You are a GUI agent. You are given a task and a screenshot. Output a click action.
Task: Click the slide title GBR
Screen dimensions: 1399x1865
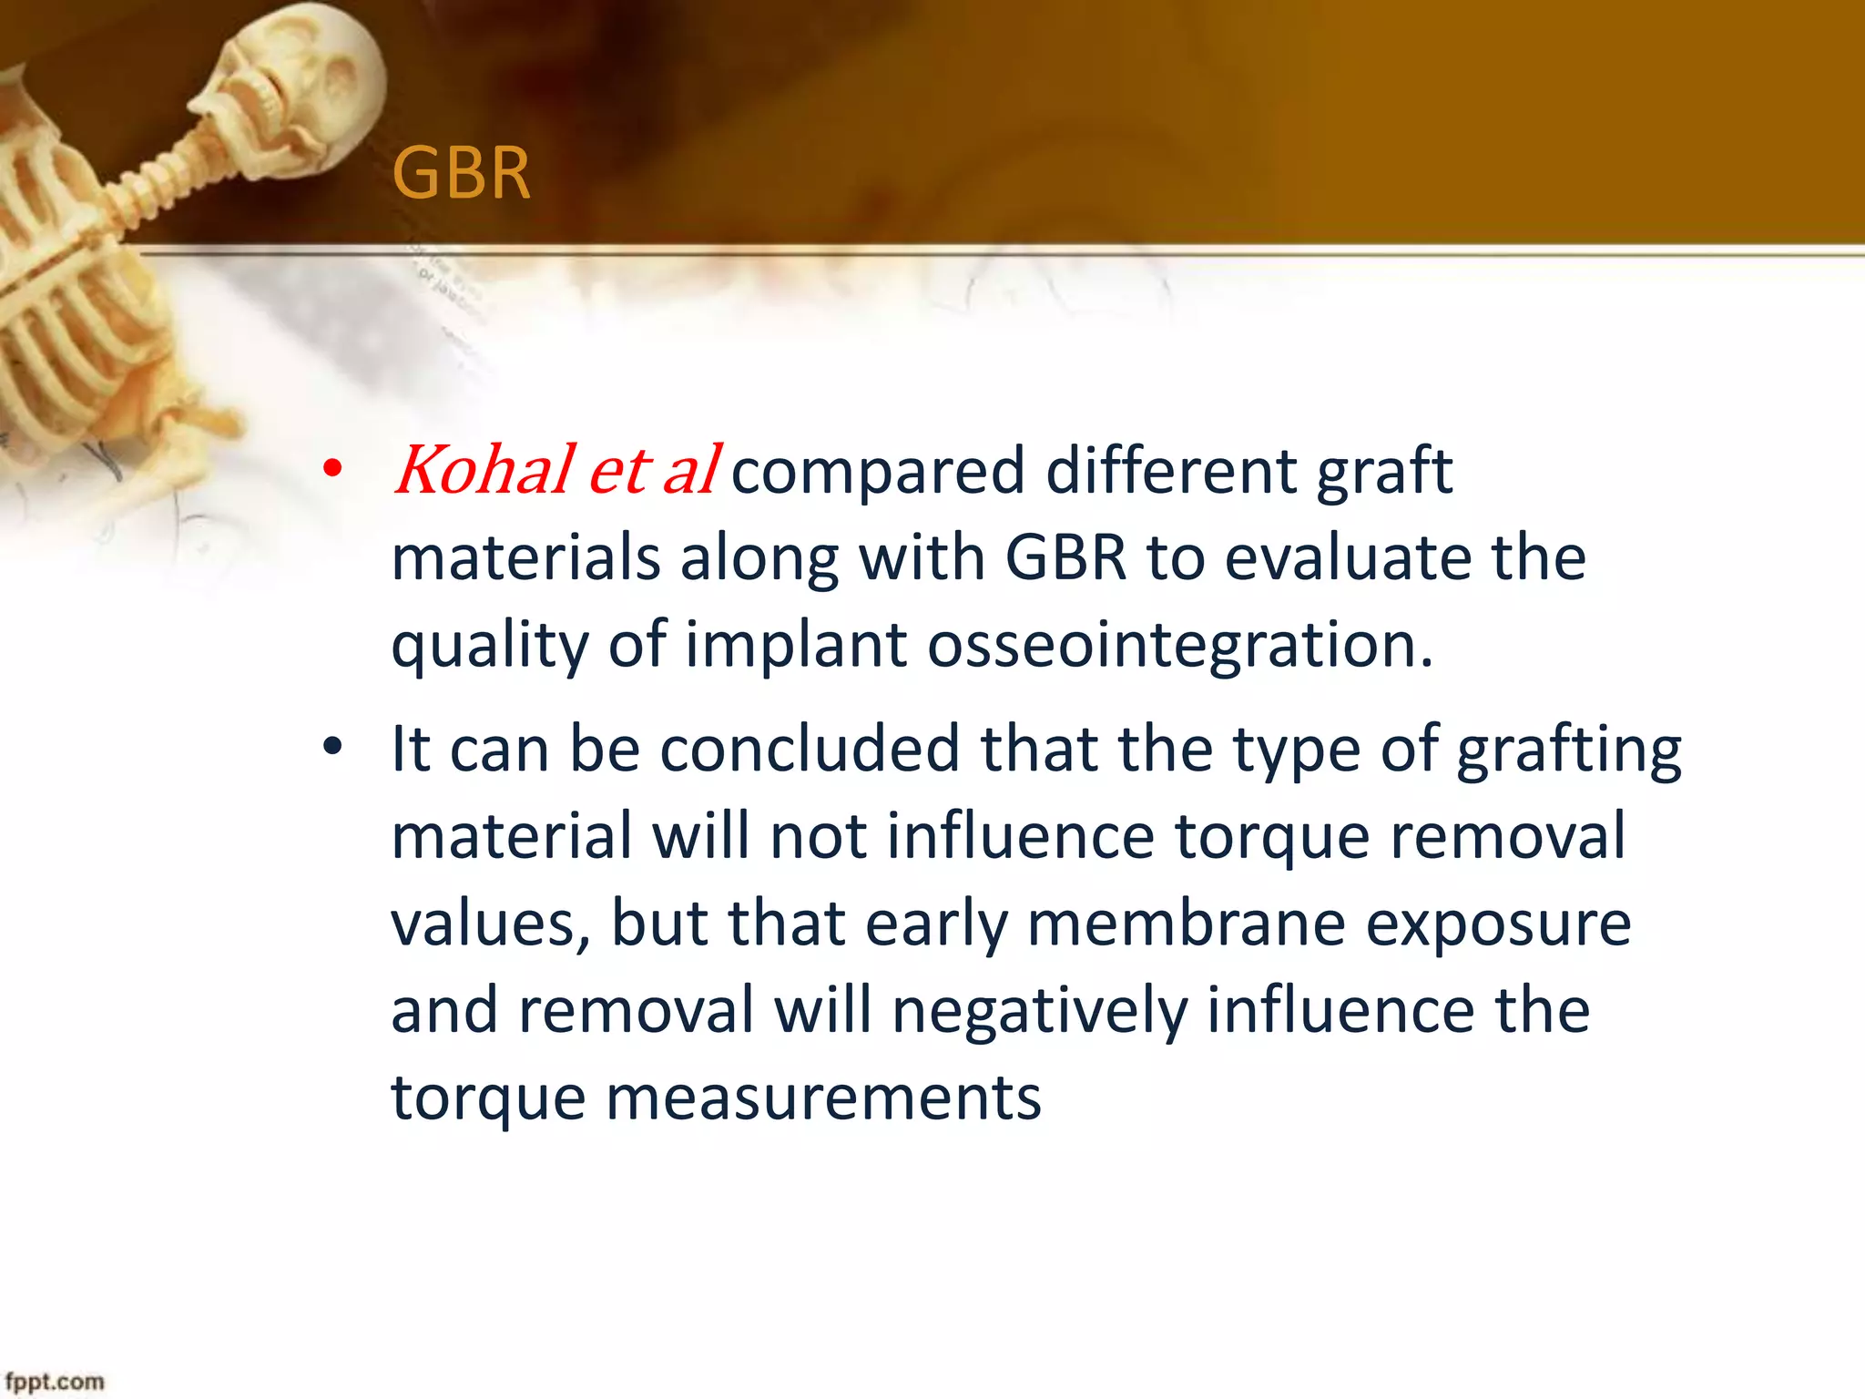pos(461,173)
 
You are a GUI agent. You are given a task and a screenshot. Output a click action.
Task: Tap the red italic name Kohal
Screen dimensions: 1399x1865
pos(484,470)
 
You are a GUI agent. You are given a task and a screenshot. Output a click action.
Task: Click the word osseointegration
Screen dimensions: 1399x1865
pos(1180,645)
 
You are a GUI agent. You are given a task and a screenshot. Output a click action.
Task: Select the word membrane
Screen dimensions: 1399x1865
pos(1186,923)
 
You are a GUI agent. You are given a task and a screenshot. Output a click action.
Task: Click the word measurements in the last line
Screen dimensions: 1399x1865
pos(823,1098)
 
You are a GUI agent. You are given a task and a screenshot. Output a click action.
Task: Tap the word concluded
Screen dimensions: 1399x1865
pos(810,749)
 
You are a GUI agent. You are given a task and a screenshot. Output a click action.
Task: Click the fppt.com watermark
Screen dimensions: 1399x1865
pos(55,1382)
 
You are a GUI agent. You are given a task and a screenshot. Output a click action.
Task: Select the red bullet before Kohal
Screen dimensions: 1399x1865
pos(333,470)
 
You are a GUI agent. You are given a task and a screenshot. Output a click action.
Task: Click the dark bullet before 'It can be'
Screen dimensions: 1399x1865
pos(333,747)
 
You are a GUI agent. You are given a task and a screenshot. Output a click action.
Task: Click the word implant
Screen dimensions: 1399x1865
pos(796,645)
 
